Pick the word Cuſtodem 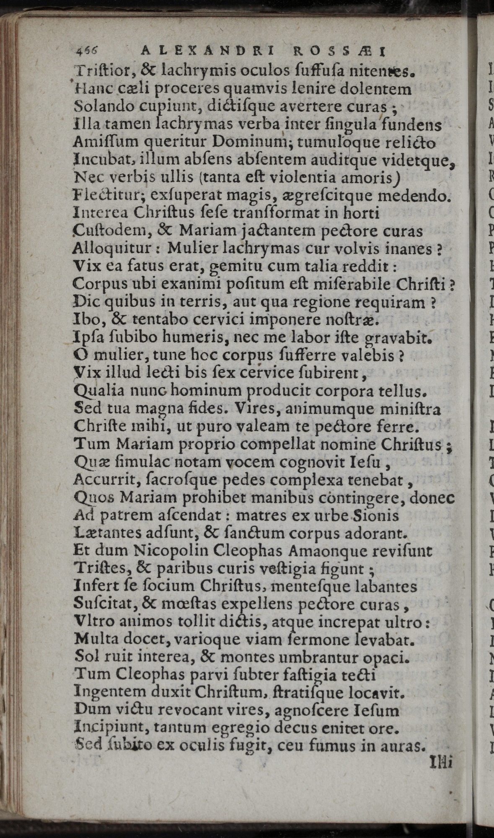[103, 231]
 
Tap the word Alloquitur [108, 248]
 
